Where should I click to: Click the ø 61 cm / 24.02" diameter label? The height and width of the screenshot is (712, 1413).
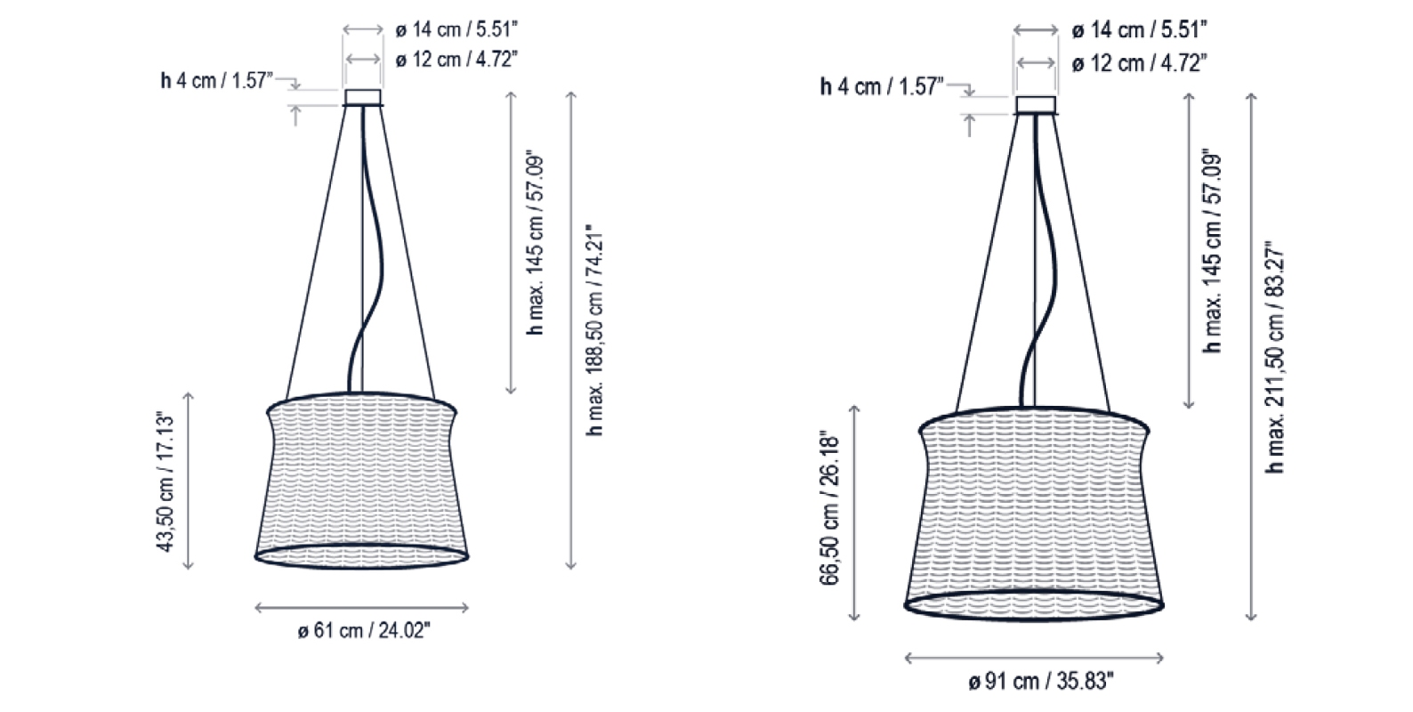pyautogui.click(x=364, y=631)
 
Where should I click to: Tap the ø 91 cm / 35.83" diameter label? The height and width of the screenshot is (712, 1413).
pyautogui.click(x=1041, y=682)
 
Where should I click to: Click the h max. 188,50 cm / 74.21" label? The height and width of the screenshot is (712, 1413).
pyautogui.click(x=595, y=329)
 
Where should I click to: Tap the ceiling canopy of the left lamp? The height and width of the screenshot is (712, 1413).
pyautogui.click(x=363, y=97)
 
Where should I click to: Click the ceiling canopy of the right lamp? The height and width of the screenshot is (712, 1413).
pyautogui.click(x=1035, y=105)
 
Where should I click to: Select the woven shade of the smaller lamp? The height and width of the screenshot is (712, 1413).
pyautogui.click(x=362, y=481)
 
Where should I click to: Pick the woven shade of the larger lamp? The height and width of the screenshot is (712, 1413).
pyautogui.click(x=1034, y=514)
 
